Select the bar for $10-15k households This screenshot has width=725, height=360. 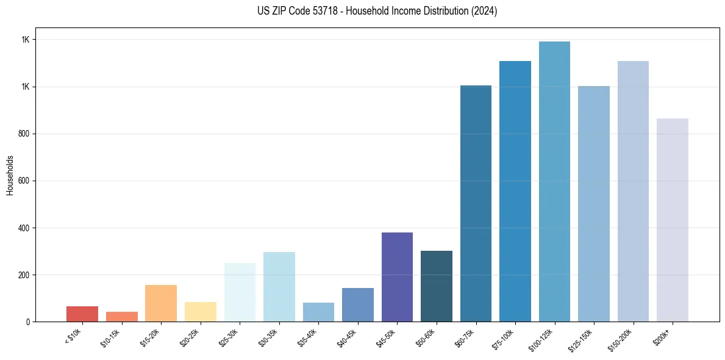click(121, 317)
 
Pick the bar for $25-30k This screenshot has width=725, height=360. click(240, 292)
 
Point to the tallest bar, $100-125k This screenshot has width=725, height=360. click(554, 182)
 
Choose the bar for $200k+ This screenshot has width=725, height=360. click(672, 220)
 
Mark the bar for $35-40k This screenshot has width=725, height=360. click(318, 312)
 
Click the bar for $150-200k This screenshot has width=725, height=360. click(633, 191)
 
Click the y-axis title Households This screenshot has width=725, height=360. click(10, 175)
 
